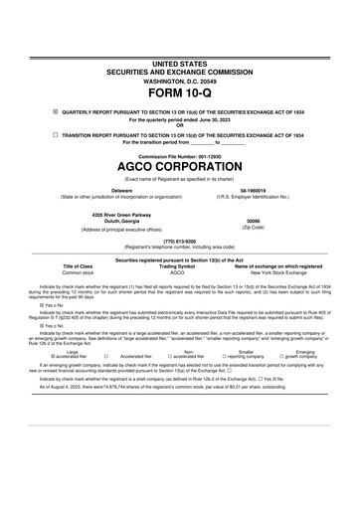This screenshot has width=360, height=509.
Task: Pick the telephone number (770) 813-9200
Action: tap(179, 240)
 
